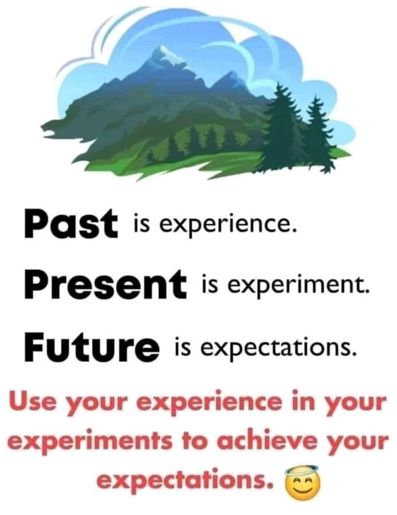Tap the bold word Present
click(105, 283)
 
